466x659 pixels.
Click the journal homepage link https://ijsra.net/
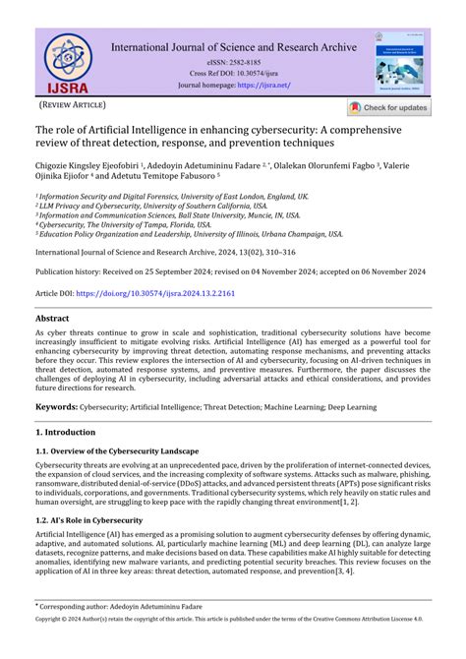(x=265, y=86)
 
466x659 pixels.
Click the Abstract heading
(x=52, y=320)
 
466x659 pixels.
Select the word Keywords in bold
(x=56, y=406)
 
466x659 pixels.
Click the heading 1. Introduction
(x=66, y=433)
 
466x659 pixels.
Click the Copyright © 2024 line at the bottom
(x=232, y=649)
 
